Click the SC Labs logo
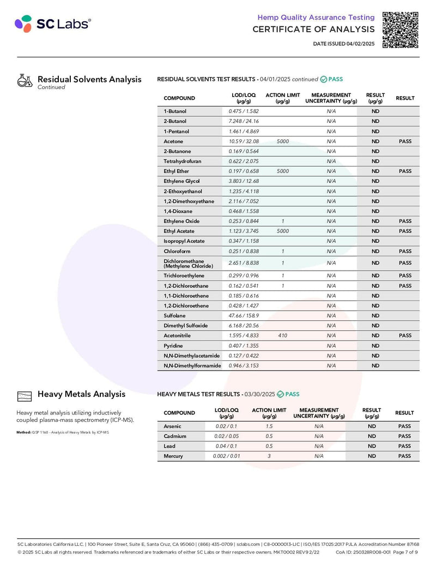[x=53, y=24]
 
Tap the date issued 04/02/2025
[x=344, y=44]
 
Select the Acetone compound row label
[x=173, y=141]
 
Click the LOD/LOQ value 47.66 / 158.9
[x=244, y=316]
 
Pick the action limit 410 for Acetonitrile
[x=282, y=335]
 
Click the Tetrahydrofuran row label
[x=183, y=161]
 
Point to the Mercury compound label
[x=173, y=456]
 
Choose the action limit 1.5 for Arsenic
[x=269, y=426]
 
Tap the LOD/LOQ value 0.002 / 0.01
[x=227, y=456]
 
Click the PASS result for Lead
[x=404, y=446]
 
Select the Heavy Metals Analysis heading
[x=81, y=394]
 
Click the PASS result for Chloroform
[x=405, y=251]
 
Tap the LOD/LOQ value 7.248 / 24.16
[x=244, y=121]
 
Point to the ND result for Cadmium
[x=372, y=436]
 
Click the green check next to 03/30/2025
[x=281, y=394]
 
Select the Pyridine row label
[x=173, y=346]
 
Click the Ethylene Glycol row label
[x=181, y=181]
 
